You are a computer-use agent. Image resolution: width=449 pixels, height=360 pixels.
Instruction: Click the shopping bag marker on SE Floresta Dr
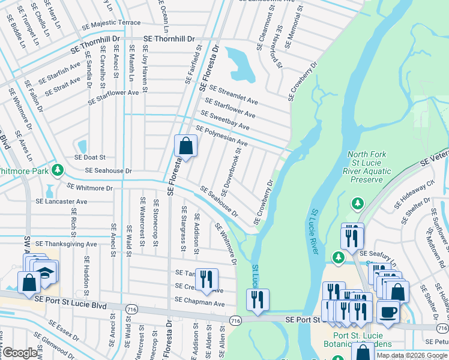click(185, 146)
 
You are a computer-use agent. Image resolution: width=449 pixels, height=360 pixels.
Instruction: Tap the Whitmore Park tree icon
click(58, 170)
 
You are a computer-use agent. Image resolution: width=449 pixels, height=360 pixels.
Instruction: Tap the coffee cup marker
click(388, 312)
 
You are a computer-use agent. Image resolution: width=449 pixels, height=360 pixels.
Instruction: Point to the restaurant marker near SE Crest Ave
click(206, 279)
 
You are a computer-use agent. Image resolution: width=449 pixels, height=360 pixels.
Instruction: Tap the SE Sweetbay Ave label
click(224, 121)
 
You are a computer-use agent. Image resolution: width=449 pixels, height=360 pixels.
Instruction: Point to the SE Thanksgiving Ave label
click(66, 244)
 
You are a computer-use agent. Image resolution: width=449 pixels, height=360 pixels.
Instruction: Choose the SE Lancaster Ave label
click(61, 202)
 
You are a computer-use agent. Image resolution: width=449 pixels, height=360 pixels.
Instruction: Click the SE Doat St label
click(89, 157)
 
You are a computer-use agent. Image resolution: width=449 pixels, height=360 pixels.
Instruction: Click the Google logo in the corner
click(20, 353)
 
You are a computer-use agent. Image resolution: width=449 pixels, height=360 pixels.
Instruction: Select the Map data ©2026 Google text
click(412, 355)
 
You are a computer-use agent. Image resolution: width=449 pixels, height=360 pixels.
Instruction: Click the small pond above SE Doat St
click(82, 146)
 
